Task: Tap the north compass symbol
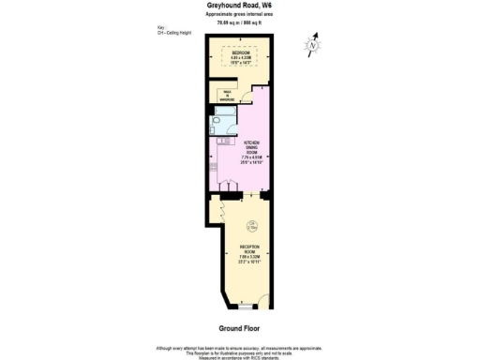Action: tap(313, 44)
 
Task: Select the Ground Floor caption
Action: tap(238, 328)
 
